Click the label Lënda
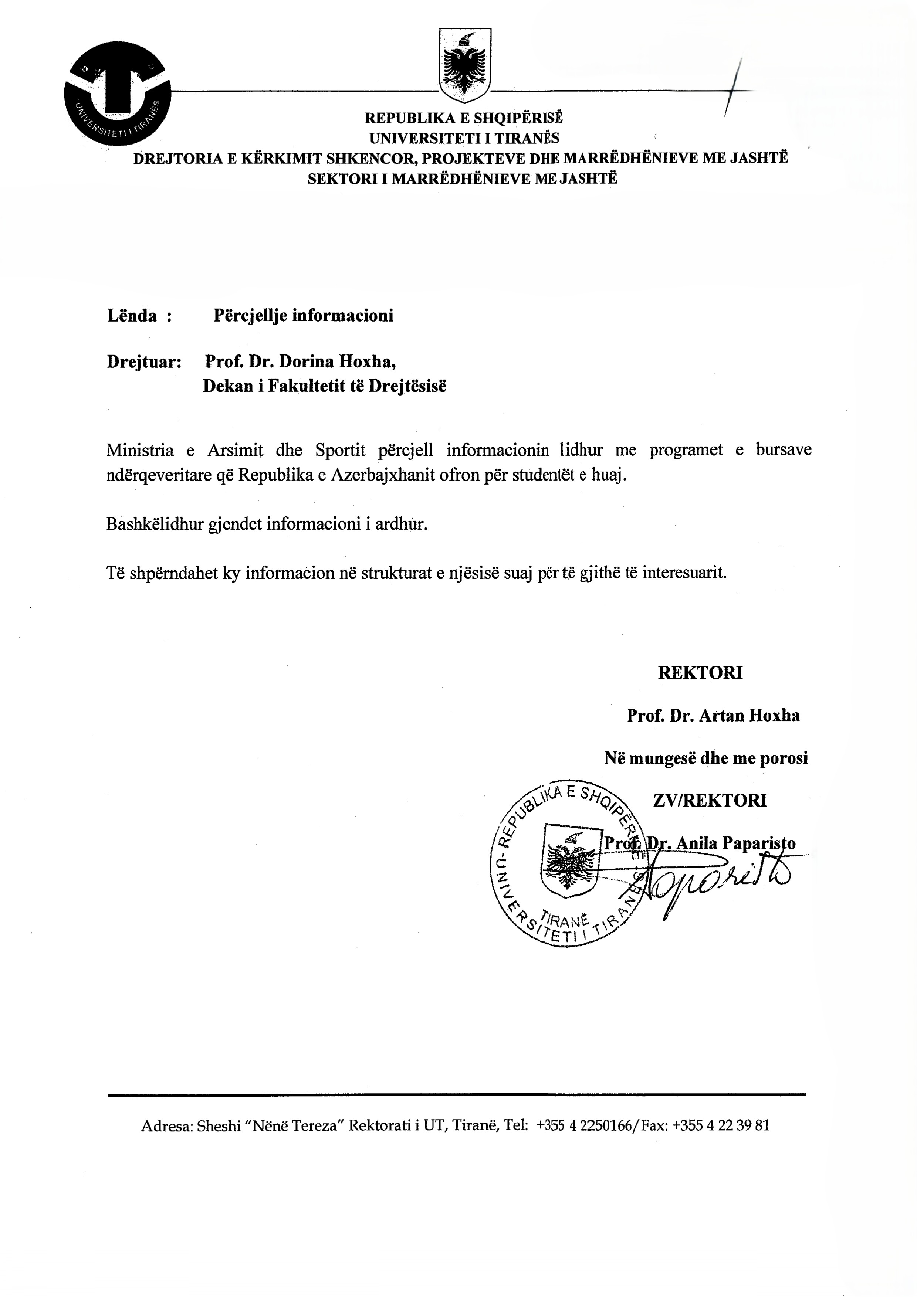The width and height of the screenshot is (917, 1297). [132, 315]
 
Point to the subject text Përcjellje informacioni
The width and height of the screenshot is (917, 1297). [303, 315]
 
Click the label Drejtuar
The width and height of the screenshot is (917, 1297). [143, 361]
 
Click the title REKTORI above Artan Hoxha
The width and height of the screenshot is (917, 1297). [700, 673]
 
